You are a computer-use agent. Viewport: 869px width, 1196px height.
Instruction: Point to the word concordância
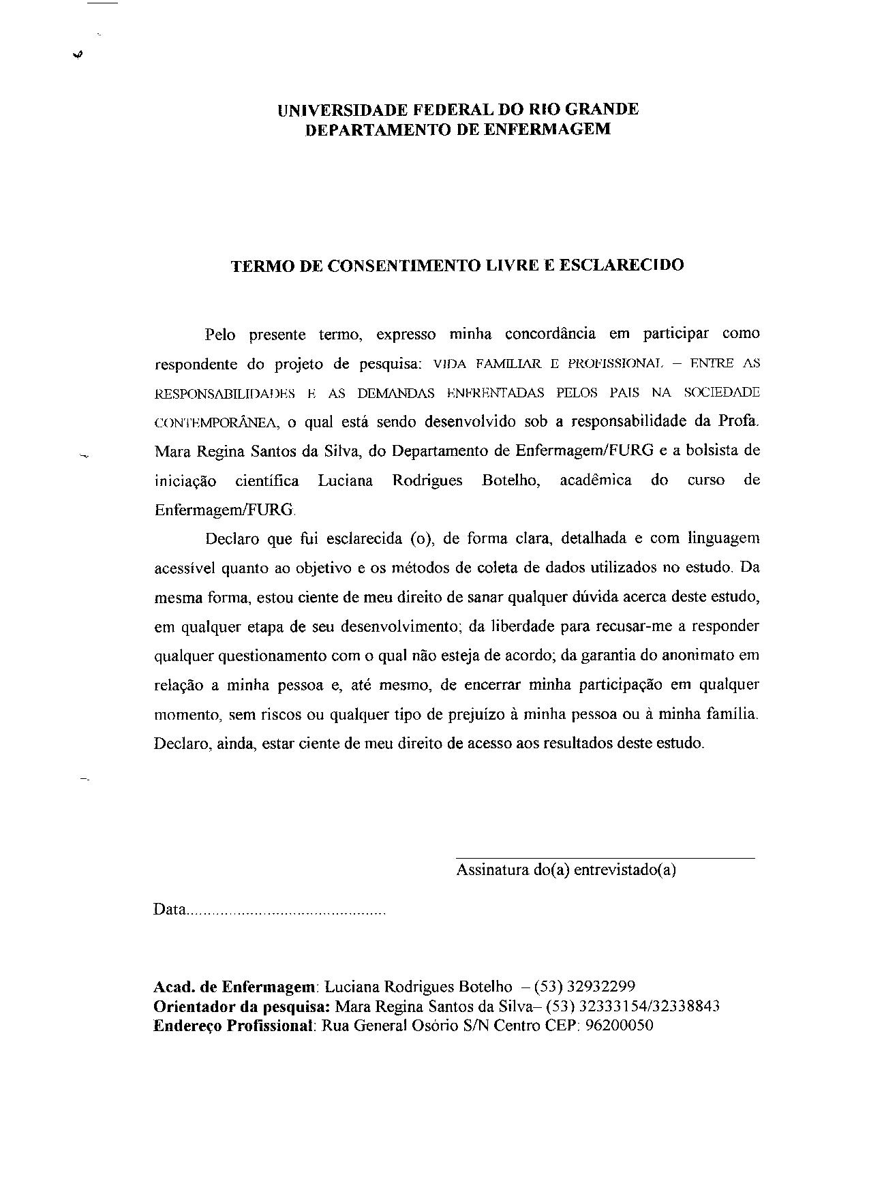pos(550,334)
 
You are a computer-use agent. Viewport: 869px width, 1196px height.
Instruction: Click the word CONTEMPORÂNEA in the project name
pos(216,423)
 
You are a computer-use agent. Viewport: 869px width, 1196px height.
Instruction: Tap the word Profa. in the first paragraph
pos(738,421)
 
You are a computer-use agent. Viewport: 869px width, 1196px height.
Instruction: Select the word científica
pos(266,481)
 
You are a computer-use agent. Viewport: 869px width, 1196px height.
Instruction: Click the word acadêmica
pos(595,480)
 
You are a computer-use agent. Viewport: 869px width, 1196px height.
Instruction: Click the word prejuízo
pos(466,715)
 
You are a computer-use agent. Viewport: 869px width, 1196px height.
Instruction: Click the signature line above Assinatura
pos(605,858)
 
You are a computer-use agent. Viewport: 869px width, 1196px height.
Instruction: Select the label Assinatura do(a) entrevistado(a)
pos(566,870)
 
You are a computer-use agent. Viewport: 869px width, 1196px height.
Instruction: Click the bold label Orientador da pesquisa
pos(242,1007)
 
